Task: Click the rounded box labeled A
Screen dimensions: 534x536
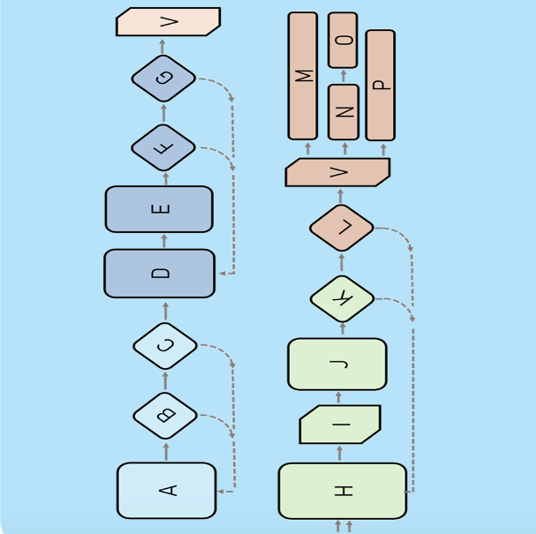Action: (166, 490)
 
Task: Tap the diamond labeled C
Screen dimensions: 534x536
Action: (165, 346)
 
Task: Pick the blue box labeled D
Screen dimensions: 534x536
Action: (160, 274)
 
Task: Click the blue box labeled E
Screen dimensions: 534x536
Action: (159, 209)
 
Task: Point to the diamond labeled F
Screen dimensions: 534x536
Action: (163, 147)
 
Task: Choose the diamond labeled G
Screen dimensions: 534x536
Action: (163, 79)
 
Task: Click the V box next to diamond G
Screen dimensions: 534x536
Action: (168, 22)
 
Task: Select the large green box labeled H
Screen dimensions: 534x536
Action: (343, 491)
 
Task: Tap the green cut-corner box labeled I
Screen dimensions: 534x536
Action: (340, 425)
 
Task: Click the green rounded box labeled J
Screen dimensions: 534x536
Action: (337, 364)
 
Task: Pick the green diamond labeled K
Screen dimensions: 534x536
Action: (342, 299)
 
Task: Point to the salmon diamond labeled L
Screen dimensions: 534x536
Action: (342, 228)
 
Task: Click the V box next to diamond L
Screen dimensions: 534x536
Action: (337, 172)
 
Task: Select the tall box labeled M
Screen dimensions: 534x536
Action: (303, 76)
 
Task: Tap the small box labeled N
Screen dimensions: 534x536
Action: (343, 112)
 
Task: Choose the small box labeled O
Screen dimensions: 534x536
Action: (343, 40)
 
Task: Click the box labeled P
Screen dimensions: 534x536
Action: (381, 85)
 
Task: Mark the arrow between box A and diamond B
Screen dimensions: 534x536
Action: (165, 451)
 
